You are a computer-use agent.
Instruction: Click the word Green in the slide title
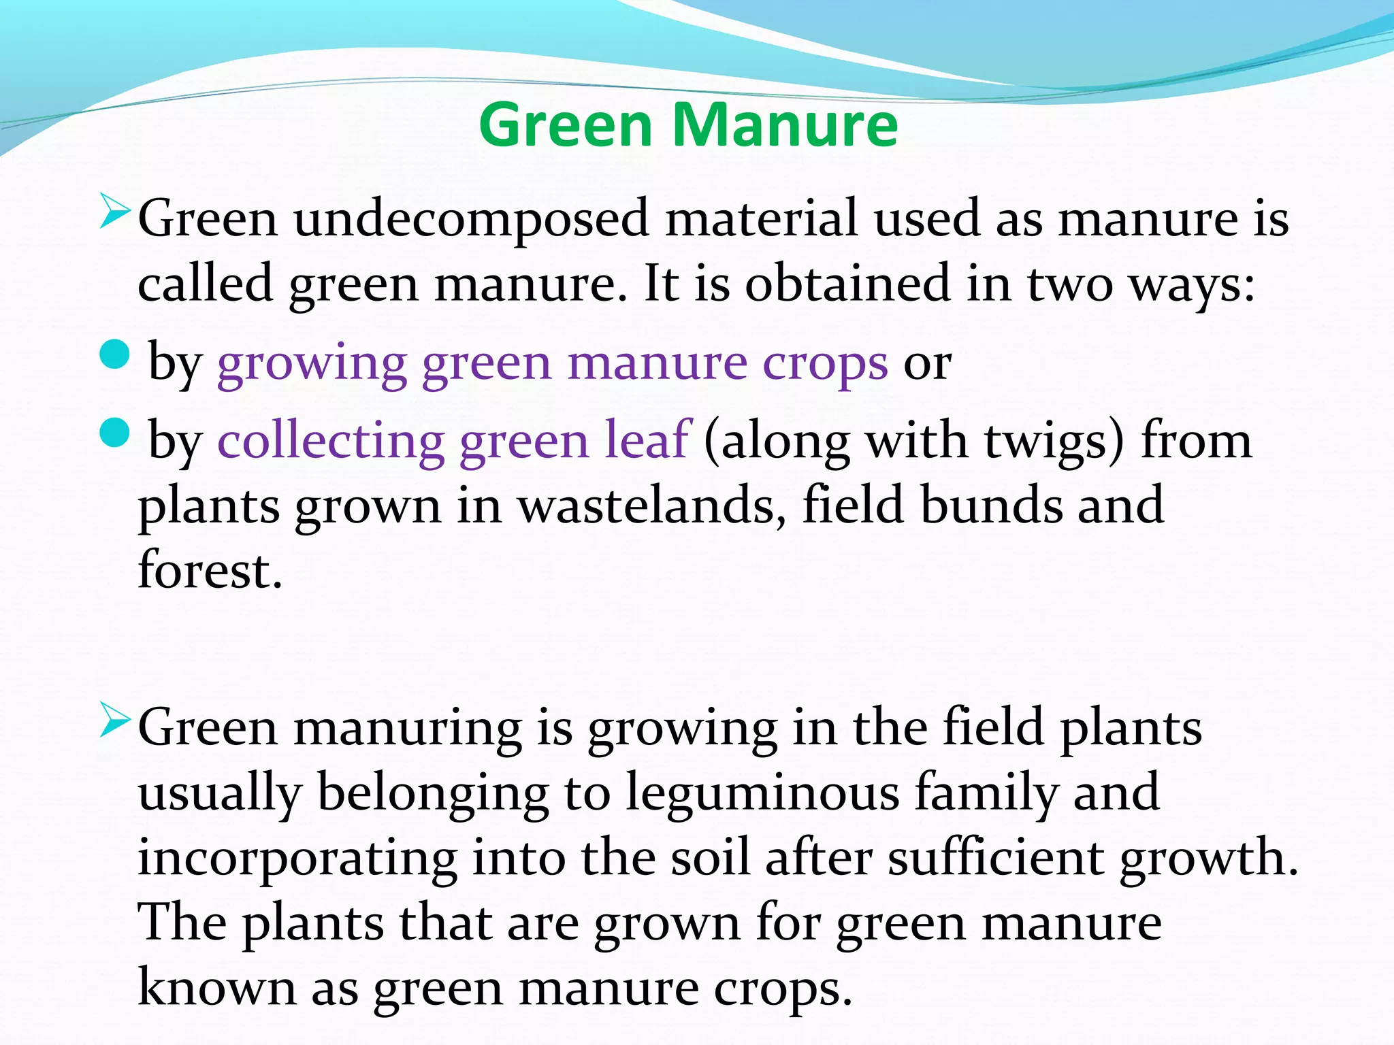566,125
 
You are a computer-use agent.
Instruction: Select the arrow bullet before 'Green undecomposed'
114,212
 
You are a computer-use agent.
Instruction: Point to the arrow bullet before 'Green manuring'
114,720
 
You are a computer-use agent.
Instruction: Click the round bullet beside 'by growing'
114,354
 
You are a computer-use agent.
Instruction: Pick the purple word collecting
331,441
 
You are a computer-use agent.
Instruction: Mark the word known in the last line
217,988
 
